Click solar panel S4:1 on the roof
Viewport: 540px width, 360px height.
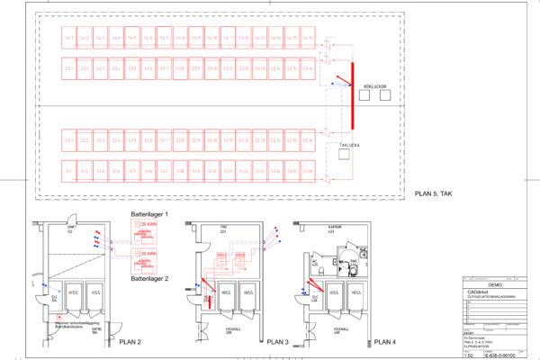[69, 38]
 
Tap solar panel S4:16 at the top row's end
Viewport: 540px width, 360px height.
[309, 38]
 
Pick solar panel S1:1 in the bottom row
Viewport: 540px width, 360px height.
[69, 170]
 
